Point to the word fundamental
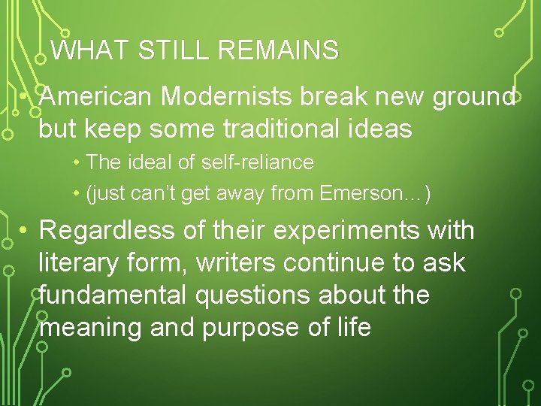coord(113,295)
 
